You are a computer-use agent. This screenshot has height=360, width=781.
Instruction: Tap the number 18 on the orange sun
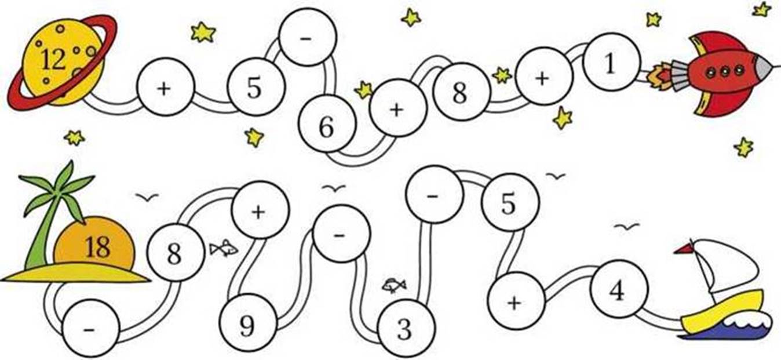click(x=98, y=247)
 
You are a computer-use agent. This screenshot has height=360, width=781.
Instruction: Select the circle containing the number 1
click(x=612, y=62)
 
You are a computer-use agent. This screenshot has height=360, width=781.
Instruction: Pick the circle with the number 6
click(x=327, y=124)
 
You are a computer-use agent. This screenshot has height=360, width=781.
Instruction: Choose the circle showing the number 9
click(x=248, y=322)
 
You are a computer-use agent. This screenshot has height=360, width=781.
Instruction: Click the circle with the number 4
click(x=619, y=289)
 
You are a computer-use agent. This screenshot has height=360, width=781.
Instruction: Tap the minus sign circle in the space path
click(x=308, y=37)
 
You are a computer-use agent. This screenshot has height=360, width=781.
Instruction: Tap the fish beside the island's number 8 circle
click(x=224, y=248)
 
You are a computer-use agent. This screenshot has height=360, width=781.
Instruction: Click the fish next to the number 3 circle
click(x=394, y=285)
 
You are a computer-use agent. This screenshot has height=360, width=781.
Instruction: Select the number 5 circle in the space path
click(x=256, y=87)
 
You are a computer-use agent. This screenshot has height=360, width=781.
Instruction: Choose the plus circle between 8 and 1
click(x=544, y=77)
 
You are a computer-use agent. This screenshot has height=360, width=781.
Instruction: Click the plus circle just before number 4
click(x=516, y=301)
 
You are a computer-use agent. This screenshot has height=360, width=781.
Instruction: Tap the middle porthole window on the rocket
click(x=725, y=72)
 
